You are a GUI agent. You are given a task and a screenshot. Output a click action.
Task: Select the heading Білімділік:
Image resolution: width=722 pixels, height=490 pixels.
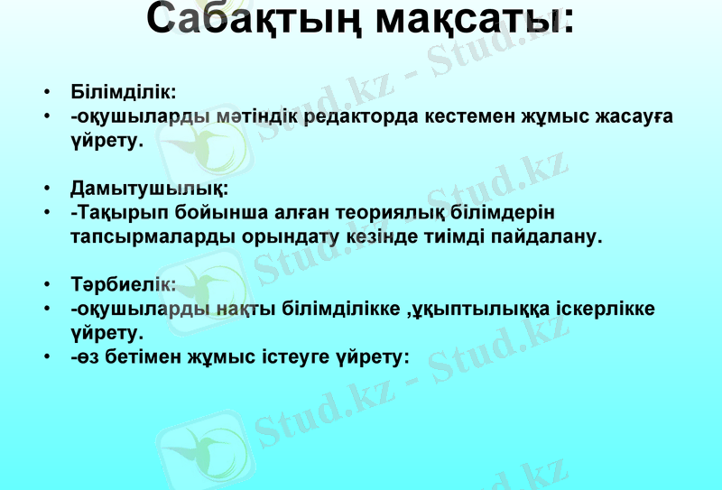pyautogui.click(x=123, y=92)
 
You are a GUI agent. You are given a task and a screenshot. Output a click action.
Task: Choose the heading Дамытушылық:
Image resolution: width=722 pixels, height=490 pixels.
pyautogui.click(x=150, y=189)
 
